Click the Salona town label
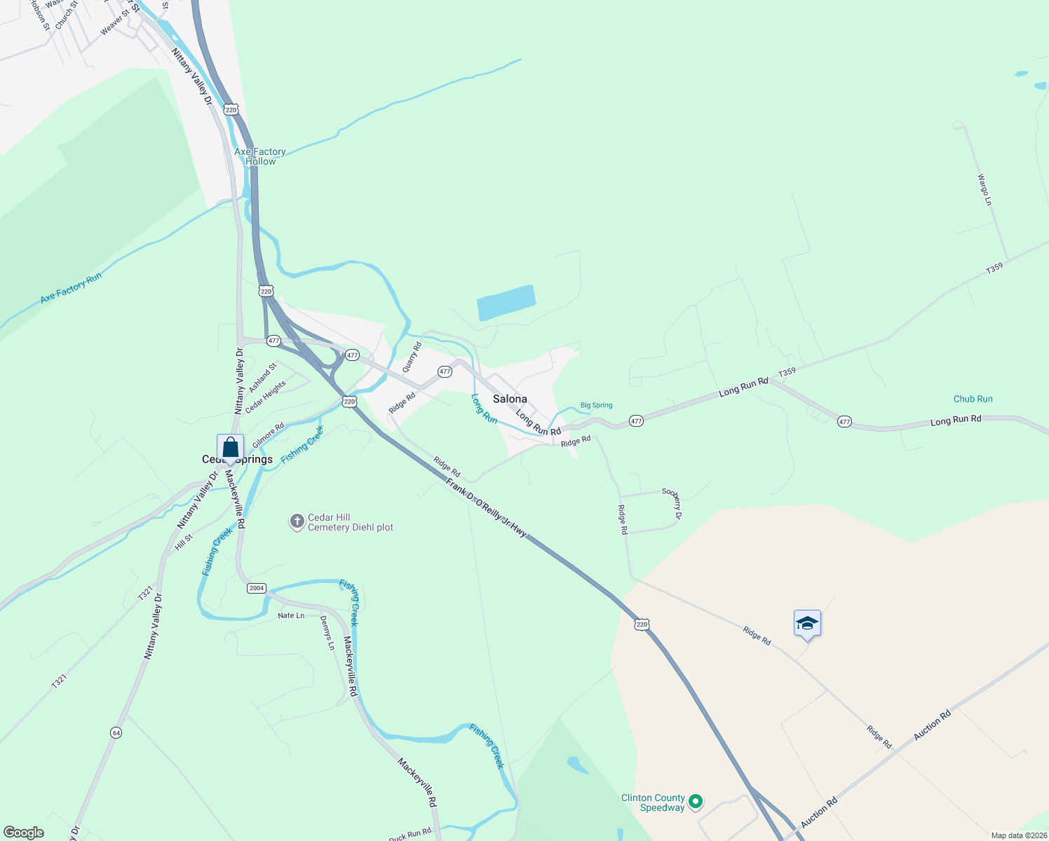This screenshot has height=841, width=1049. click(510, 399)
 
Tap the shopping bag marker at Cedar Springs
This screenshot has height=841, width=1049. click(230, 447)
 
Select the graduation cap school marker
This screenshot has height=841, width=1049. click(807, 623)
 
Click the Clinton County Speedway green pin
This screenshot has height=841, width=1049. click(696, 801)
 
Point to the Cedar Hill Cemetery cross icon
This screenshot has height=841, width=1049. click(297, 521)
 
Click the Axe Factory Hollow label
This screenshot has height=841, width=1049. click(260, 156)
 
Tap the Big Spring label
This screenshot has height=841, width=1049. click(596, 405)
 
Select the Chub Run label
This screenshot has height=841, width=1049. click(973, 399)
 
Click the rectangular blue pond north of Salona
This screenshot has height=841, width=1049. click(506, 303)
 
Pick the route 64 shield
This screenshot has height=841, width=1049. click(116, 732)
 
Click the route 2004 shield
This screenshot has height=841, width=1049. click(257, 588)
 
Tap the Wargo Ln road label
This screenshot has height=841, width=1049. click(985, 190)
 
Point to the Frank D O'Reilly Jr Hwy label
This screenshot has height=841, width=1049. click(486, 508)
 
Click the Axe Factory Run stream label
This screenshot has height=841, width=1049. click(71, 287)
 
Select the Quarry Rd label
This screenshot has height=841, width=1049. click(412, 357)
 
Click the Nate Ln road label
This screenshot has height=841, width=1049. click(291, 615)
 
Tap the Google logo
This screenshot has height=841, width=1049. click(24, 833)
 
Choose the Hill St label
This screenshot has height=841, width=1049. click(184, 542)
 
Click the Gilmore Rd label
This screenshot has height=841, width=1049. click(268, 435)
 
